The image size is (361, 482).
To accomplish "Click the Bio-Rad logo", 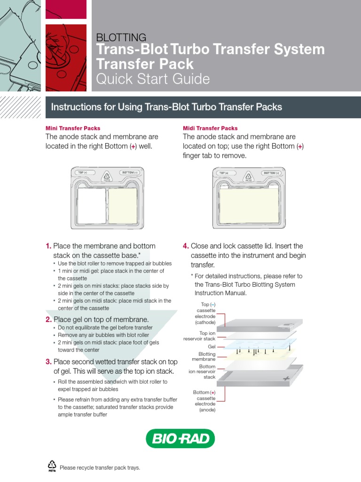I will click(x=180, y=438).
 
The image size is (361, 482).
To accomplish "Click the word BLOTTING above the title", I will click(x=121, y=37).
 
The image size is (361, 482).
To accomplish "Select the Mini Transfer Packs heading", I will click(x=73, y=128).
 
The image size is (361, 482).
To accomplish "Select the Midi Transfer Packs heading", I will click(x=210, y=128).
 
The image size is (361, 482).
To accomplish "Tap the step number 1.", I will click(x=48, y=246).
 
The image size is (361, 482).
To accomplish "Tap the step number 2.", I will click(x=48, y=320).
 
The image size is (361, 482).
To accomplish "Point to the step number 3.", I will click(x=48, y=361).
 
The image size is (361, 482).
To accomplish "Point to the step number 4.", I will click(x=186, y=246).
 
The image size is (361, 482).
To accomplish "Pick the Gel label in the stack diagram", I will click(x=212, y=346).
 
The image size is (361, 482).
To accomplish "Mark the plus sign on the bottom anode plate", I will click(x=285, y=378).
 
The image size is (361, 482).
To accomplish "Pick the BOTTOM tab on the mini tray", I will click(x=129, y=173).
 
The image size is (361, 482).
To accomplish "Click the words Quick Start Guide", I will click(x=153, y=79).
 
